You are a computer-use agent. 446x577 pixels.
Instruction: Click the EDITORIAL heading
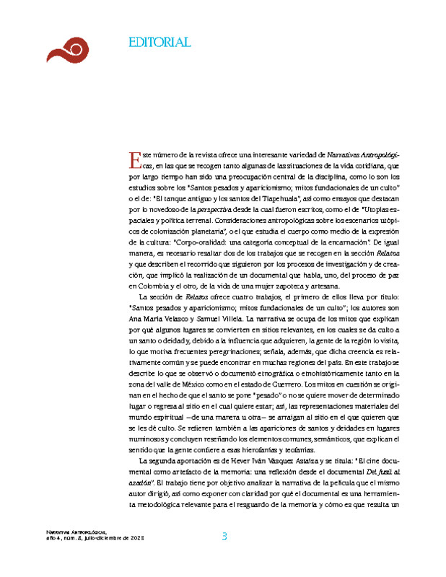(x=159, y=42)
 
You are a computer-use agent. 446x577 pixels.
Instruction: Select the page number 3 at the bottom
(x=224, y=536)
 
